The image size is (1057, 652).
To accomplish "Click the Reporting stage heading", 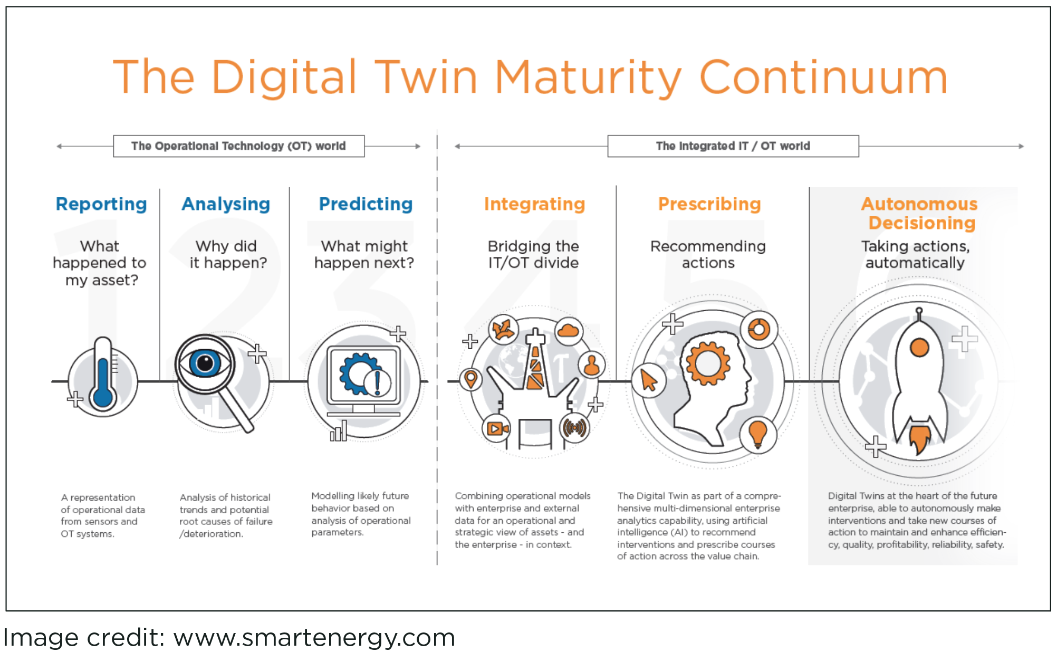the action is pyautogui.click(x=101, y=204).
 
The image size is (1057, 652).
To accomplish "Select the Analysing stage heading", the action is pyautogui.click(x=226, y=205).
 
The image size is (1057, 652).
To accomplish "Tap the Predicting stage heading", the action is pyautogui.click(x=366, y=205).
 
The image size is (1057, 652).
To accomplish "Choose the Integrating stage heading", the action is pyautogui.click(x=534, y=205).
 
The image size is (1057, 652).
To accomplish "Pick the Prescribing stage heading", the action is pyautogui.click(x=709, y=205).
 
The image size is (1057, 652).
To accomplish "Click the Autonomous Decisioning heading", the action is pyautogui.click(x=920, y=213).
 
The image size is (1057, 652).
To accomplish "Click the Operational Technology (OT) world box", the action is pyautogui.click(x=238, y=146).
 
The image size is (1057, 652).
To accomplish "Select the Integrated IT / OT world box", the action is pyautogui.click(x=733, y=146).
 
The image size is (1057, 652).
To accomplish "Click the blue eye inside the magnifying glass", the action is pyautogui.click(x=205, y=363).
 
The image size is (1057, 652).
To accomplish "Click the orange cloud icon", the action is pyautogui.click(x=568, y=331).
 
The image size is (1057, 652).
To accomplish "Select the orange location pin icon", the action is pyautogui.click(x=470, y=379).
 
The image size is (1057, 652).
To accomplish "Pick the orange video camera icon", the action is pyautogui.click(x=497, y=428).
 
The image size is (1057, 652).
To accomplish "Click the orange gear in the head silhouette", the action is pyautogui.click(x=708, y=363).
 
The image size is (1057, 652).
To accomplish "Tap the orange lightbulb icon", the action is pyautogui.click(x=758, y=434).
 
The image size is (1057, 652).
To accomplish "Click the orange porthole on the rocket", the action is pyautogui.click(x=919, y=348).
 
